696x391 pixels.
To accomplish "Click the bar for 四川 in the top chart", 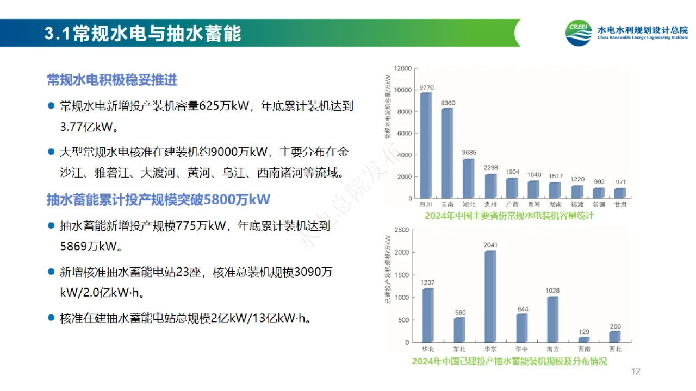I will click(x=426, y=146).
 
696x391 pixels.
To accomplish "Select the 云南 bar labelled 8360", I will click(x=447, y=153).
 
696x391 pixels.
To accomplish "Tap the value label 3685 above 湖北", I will click(x=469, y=153).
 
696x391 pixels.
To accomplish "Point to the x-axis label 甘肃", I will click(x=620, y=205).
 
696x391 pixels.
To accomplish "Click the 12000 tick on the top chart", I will click(x=403, y=68).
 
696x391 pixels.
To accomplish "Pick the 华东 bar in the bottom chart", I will click(x=490, y=297).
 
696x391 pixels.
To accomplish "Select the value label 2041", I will click(x=490, y=245).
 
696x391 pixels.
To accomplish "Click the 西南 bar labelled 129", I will click(x=584, y=339).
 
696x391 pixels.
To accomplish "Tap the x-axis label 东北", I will click(x=459, y=349).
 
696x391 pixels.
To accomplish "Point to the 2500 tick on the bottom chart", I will click(x=401, y=230).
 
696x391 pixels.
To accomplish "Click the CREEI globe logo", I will click(x=579, y=34).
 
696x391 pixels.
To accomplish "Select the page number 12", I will click(x=636, y=371).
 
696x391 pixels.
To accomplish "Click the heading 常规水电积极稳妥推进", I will click(x=112, y=80).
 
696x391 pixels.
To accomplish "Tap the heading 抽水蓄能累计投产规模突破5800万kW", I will click(x=158, y=199).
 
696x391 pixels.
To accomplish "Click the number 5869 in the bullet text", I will click(x=74, y=246).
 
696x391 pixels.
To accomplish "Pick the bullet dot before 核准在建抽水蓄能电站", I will click(x=51, y=317).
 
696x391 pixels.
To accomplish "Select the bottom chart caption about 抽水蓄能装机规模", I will click(x=509, y=361).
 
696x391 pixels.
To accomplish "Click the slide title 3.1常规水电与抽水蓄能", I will click(x=142, y=34).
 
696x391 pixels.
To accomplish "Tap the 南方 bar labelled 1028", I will click(x=553, y=319).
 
